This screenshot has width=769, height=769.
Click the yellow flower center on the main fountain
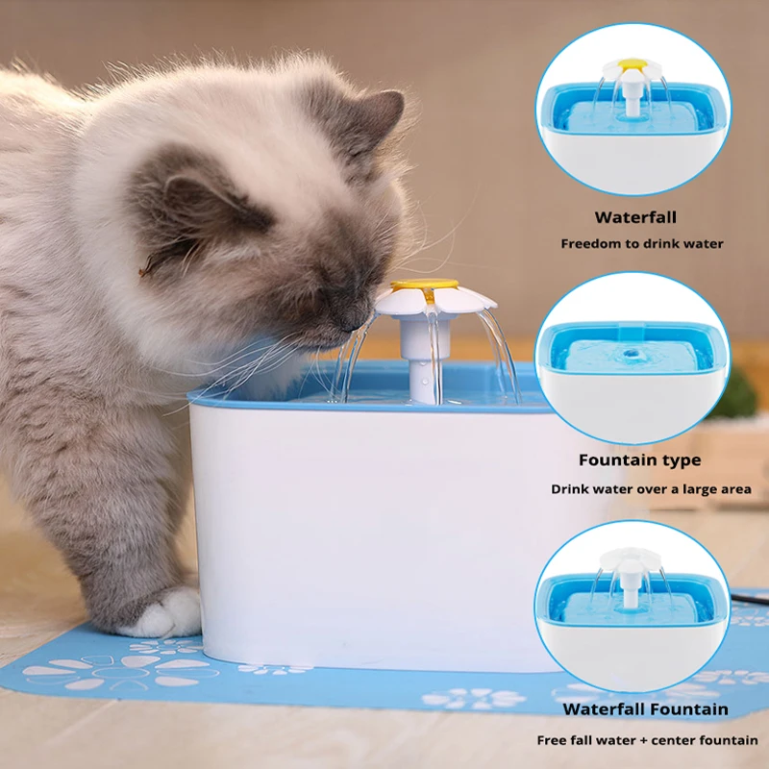tap(423, 285)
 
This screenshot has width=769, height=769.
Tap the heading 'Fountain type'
tap(639, 461)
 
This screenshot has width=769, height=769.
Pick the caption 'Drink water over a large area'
tap(651, 489)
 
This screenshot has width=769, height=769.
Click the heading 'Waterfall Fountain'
tap(645, 709)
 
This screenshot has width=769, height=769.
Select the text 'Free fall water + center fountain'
tap(647, 740)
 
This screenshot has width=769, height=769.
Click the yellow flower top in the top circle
tap(632, 64)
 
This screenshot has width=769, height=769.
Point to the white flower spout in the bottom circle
tap(631, 560)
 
